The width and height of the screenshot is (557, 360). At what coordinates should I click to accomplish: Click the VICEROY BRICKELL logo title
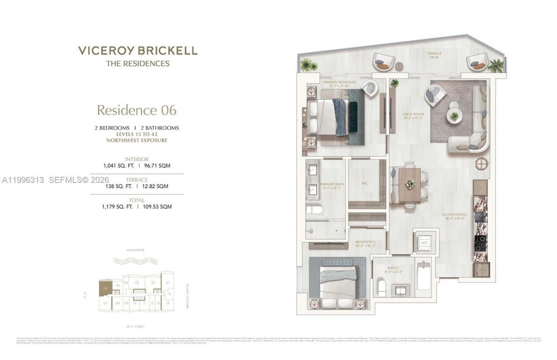138,50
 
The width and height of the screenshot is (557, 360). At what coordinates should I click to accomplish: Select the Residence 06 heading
137,110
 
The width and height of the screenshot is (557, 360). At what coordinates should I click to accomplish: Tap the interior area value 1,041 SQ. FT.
118,166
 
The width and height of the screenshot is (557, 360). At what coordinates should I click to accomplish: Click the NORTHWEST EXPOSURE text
137,141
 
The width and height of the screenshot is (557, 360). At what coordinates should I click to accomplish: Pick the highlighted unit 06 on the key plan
105,288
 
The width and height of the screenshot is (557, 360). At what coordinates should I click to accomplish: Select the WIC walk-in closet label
364,183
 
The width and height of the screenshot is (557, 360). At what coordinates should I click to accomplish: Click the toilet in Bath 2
382,288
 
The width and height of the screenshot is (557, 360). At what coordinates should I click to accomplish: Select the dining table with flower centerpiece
409,185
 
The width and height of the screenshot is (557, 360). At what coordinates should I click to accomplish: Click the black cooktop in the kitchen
480,242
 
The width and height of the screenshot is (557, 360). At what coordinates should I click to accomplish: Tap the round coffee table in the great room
454,115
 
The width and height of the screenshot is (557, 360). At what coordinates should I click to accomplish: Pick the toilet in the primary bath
314,210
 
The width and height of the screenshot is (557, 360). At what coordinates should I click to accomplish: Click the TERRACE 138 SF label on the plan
434,55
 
